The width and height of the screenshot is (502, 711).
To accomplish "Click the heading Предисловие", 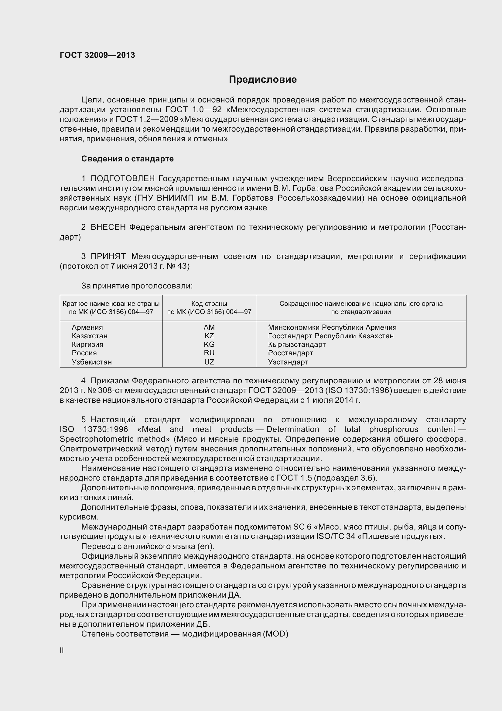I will point(263,80).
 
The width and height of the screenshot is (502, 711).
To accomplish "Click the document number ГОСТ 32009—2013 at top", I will point(97,55).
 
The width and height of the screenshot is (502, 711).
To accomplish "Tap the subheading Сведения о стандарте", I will point(128,159).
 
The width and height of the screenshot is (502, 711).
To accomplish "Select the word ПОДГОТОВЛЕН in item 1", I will point(122,178).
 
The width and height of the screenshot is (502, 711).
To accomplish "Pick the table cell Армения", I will point(87,327).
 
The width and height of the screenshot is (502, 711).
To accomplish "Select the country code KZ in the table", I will point(209,336).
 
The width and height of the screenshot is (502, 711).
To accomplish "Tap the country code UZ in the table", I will point(209,362).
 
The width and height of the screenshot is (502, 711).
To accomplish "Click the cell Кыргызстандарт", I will point(297,344).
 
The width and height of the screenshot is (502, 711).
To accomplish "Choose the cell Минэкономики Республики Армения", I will point(332,327).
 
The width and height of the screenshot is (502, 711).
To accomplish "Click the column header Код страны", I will point(209,304).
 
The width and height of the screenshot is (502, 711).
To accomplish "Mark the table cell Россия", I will point(84,353).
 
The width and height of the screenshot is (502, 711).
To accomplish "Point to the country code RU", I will point(209,353).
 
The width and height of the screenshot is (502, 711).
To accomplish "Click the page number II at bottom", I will point(62,650).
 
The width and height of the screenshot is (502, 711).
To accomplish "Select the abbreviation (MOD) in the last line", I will point(275,634).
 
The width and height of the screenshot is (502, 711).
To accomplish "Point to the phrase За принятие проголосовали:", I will point(137,285).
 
